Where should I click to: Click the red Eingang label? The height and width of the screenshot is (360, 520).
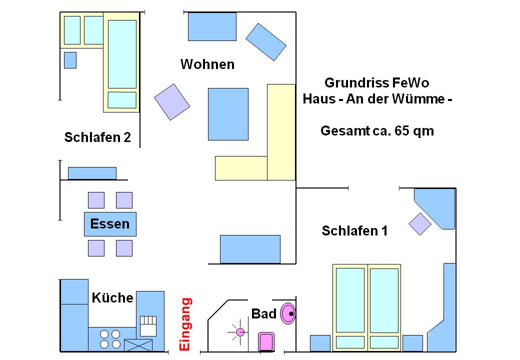[x=185, y=324]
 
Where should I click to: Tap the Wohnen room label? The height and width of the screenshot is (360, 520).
[x=207, y=64]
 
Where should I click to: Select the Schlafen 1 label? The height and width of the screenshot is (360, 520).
[x=354, y=231]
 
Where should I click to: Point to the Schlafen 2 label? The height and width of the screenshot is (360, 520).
[x=97, y=137]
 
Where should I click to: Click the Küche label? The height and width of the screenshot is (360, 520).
[x=112, y=298]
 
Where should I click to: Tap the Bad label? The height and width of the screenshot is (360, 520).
[x=263, y=314]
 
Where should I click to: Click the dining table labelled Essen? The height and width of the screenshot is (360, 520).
[x=110, y=224]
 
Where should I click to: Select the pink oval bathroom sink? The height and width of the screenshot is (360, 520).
[x=288, y=314]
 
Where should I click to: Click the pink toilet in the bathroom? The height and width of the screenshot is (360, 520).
[x=265, y=342]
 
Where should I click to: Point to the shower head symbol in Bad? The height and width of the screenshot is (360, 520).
[x=240, y=331]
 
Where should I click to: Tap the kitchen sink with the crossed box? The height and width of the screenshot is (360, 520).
[x=138, y=345]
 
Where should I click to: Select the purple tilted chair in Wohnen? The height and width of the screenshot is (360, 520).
[x=172, y=101]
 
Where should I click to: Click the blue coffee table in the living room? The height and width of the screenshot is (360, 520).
[x=228, y=114]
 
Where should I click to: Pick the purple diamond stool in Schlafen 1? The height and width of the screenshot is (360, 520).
[x=420, y=223]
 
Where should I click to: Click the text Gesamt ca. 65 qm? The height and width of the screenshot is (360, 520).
[x=377, y=131]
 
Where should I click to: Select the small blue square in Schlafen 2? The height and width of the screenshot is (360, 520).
[x=70, y=60]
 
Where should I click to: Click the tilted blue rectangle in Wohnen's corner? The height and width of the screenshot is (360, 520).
[x=266, y=42]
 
